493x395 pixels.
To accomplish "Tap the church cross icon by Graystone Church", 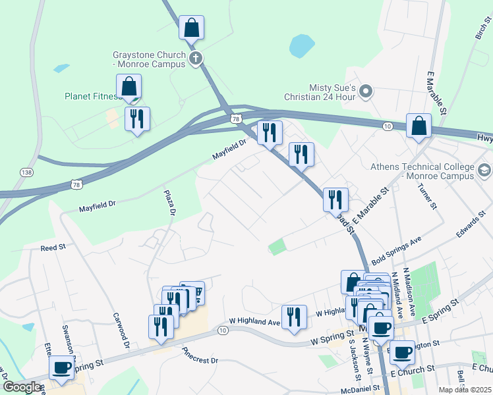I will click(195, 60).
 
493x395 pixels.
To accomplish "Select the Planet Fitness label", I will click(91, 96).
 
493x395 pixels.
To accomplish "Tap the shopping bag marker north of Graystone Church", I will click(191, 28).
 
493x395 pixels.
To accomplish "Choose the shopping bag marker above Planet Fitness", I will click(129, 87).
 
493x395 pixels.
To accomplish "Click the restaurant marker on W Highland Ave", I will click(294, 317).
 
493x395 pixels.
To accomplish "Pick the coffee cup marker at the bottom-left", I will click(61, 368).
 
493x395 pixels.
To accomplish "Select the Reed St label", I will click(53, 248).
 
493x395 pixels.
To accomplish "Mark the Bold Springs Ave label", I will click(395, 250).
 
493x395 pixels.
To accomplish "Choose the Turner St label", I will click(426, 196).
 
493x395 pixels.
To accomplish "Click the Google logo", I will click(21, 387).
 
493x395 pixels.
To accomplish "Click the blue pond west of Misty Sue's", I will click(302, 46).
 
